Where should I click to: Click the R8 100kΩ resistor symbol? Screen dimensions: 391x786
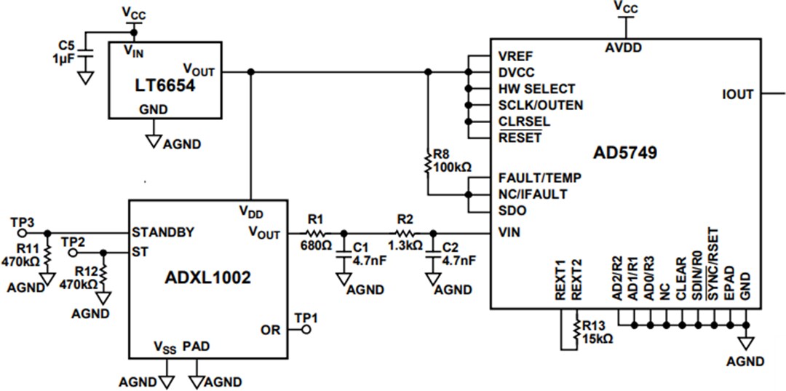(428, 162)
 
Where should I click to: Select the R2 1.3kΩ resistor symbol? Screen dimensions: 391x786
(404, 233)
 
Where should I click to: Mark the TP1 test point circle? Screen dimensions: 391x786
(307, 330)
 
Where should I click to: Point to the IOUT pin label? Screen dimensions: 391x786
(737, 93)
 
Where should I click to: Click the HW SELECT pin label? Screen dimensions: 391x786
(536, 89)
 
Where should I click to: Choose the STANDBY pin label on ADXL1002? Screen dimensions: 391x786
(163, 233)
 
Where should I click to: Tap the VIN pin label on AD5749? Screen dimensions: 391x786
(509, 233)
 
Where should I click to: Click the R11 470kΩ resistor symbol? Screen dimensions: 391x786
(47, 257)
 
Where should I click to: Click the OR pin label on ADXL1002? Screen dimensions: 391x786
(270, 330)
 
